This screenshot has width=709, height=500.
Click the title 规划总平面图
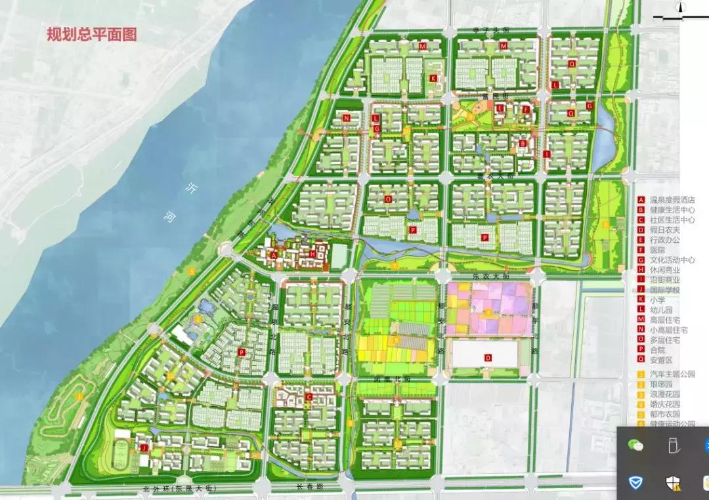(91, 35)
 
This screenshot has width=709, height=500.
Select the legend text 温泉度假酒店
(673, 200)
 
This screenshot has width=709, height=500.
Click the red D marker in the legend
(641, 230)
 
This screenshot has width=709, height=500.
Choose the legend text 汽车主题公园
(673, 374)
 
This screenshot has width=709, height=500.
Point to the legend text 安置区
(663, 360)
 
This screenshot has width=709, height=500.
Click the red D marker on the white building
(488, 358)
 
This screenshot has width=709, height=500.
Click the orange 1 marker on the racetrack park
(80, 396)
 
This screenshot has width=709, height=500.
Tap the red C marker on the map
(309, 396)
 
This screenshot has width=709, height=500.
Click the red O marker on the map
(387, 199)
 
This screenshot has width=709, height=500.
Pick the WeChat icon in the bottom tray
(635, 446)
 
